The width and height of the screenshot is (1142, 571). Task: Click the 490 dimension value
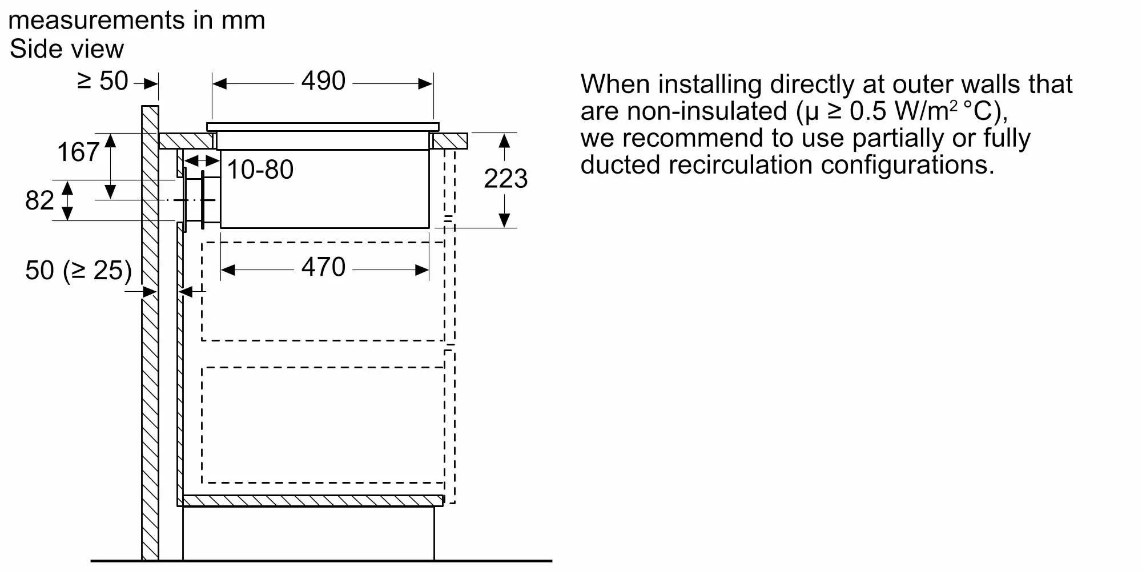pos(323,81)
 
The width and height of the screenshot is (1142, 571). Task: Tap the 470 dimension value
pos(323,267)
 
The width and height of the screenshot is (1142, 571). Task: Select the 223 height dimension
pos(505,179)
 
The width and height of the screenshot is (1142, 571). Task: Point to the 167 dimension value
pos(78,152)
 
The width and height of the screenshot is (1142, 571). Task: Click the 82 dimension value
pos(39,200)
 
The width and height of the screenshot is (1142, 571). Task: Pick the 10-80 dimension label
pos(260,170)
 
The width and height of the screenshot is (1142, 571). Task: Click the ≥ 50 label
pos(103,81)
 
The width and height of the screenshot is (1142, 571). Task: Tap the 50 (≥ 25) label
pos(78,270)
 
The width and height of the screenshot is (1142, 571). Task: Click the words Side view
pos(67,49)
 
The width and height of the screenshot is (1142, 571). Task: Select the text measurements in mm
pos(136,21)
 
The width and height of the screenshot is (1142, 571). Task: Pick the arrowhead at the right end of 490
pos(426,84)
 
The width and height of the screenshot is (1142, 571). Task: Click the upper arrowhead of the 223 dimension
pos(504,139)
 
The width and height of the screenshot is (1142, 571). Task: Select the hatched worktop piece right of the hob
pos(450,141)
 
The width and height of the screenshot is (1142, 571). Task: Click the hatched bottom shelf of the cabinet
pos(312,501)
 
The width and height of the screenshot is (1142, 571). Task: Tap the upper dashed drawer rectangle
pos(323,291)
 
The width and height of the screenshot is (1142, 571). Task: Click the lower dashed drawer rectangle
pos(323,425)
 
